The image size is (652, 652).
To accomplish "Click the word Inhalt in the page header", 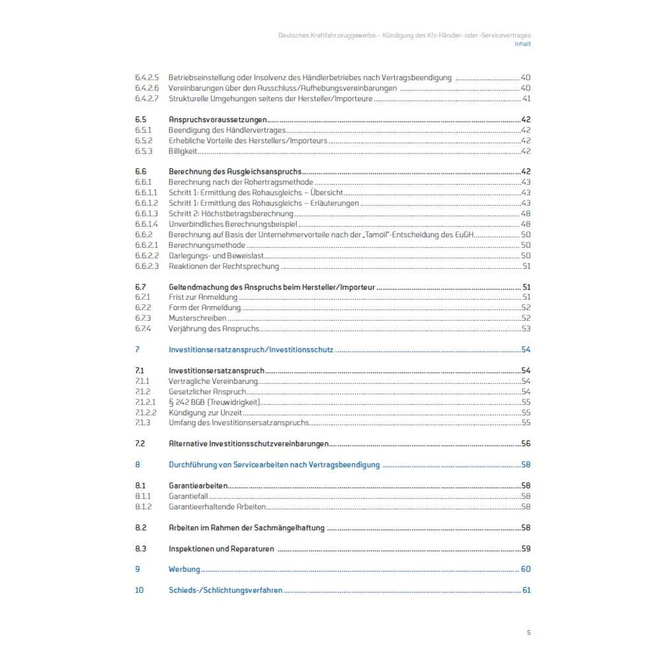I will point(522,44).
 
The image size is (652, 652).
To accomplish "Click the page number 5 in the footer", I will point(528,632).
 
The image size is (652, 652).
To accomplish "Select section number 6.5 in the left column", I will point(141,120).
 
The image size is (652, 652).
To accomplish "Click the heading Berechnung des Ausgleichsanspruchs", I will point(234,171).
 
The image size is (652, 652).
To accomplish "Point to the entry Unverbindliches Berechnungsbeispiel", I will point(232,224).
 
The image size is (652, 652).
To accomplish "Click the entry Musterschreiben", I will point(197,318).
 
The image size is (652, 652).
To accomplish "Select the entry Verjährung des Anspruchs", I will point(213,329).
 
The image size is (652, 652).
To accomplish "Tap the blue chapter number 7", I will point(137,350).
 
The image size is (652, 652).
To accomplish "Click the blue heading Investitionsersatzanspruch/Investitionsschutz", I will point(251,350).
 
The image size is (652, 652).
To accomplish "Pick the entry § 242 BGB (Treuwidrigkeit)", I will point(215,402).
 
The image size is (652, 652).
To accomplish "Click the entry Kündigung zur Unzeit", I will point(201,412).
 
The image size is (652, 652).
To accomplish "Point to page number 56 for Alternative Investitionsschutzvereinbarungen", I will point(526,444).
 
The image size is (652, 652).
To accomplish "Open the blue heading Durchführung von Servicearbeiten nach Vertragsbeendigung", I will point(274,465).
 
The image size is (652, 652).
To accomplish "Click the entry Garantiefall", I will point(188,496).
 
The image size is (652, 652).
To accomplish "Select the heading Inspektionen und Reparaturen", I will point(221,548).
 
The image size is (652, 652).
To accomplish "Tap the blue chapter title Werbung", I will point(184,569).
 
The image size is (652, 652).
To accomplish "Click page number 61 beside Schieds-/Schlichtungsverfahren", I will point(526,590).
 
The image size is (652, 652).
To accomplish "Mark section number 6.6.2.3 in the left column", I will point(146,266).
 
